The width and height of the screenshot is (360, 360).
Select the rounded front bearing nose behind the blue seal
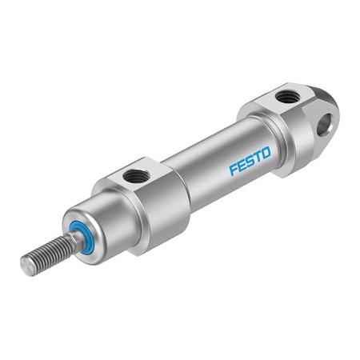pyautogui.click(x=100, y=228)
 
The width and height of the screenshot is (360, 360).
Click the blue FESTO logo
pyautogui.click(x=250, y=158)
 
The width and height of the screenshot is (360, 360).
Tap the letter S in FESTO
pyautogui.click(x=250, y=158)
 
